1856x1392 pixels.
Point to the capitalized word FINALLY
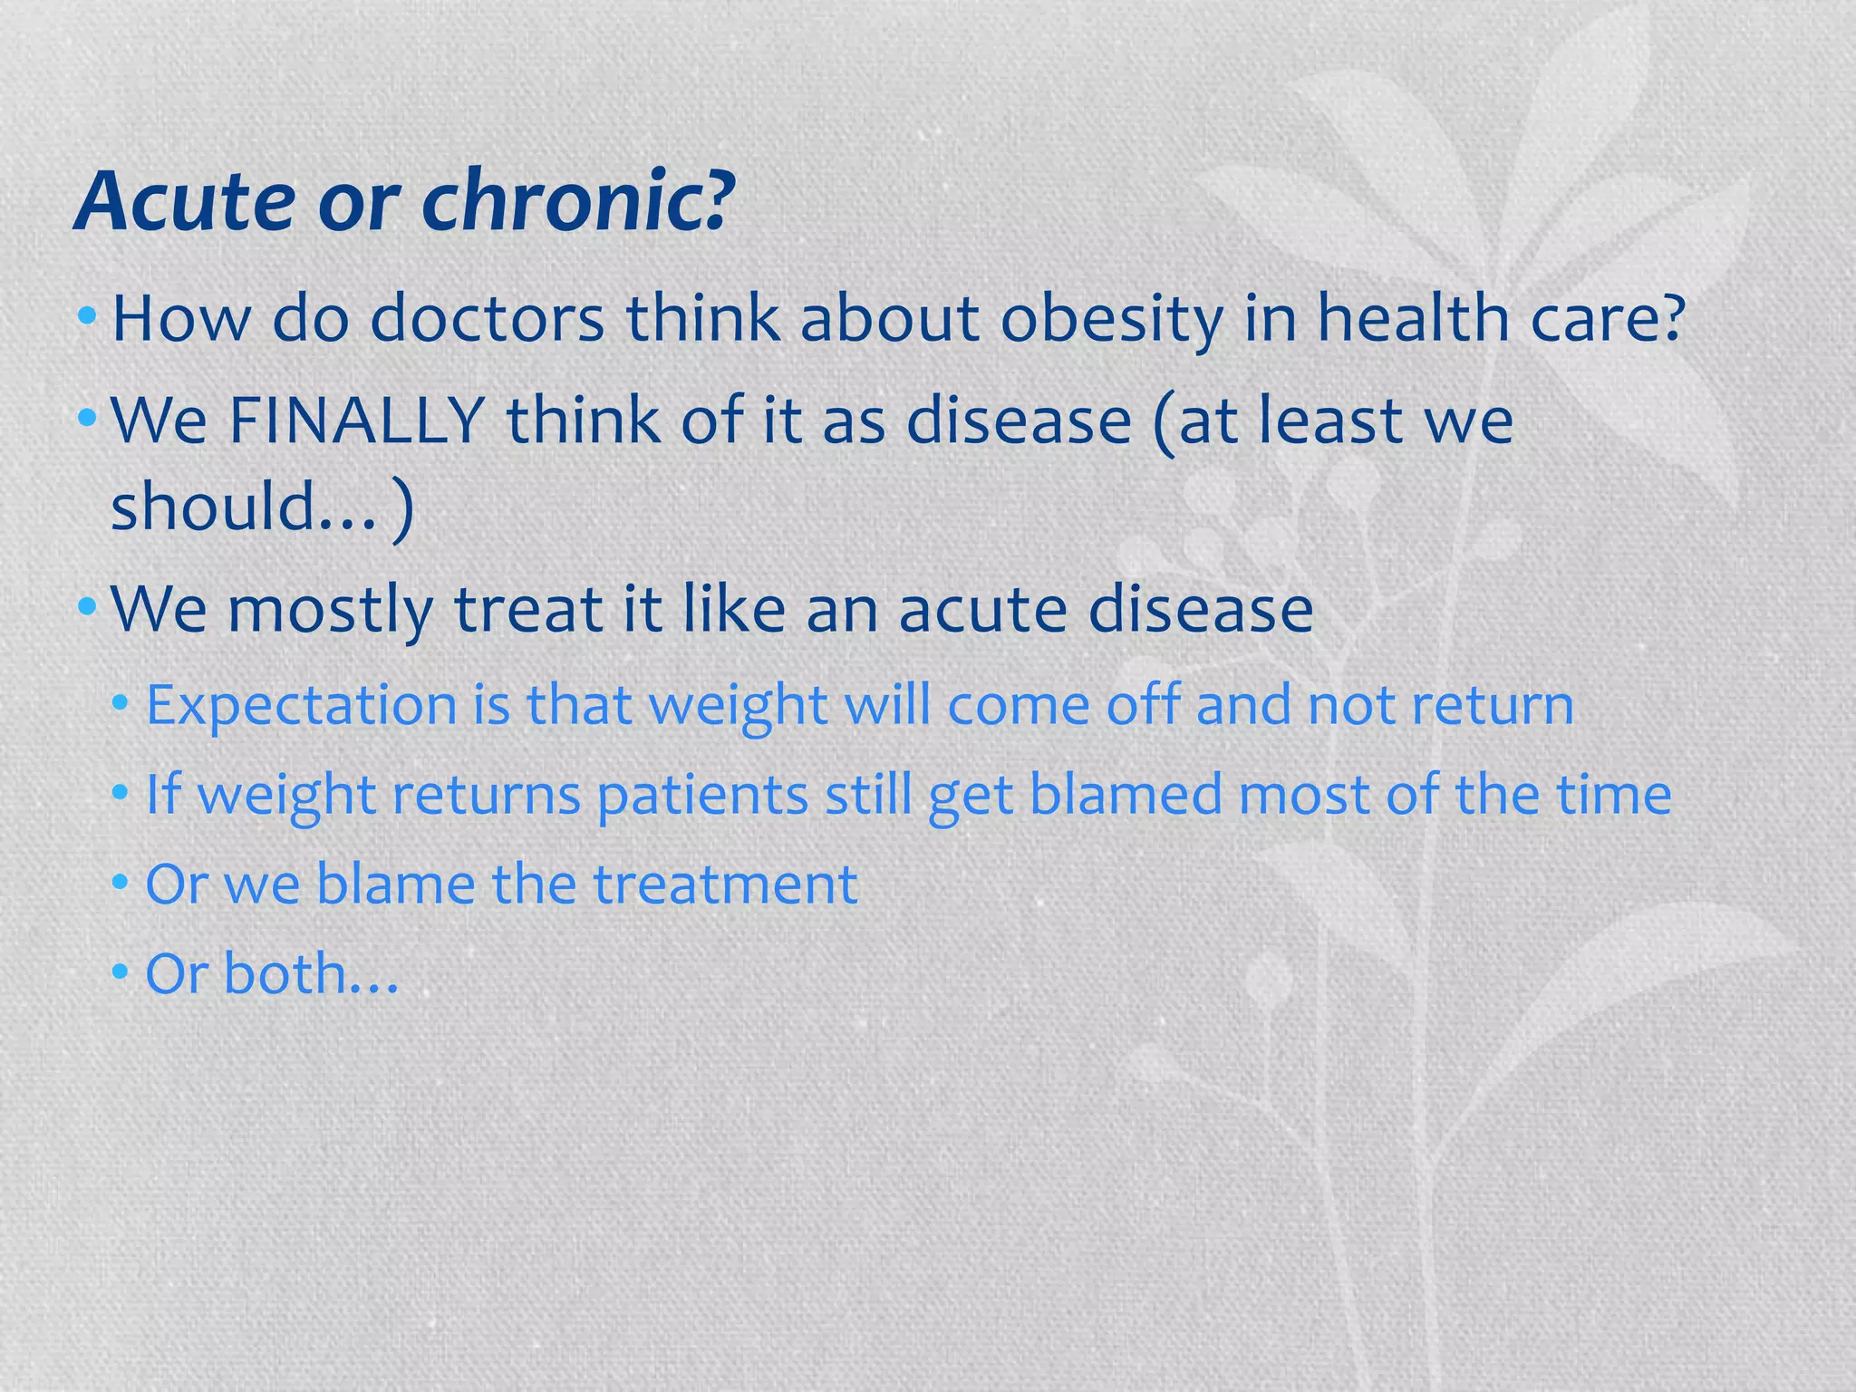[357, 420]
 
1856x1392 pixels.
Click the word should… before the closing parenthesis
[243, 507]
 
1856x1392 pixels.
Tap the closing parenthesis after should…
[403, 510]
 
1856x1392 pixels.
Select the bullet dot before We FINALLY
[87, 419]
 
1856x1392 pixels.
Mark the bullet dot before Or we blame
[121, 883]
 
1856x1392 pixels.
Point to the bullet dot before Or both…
[121, 972]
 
